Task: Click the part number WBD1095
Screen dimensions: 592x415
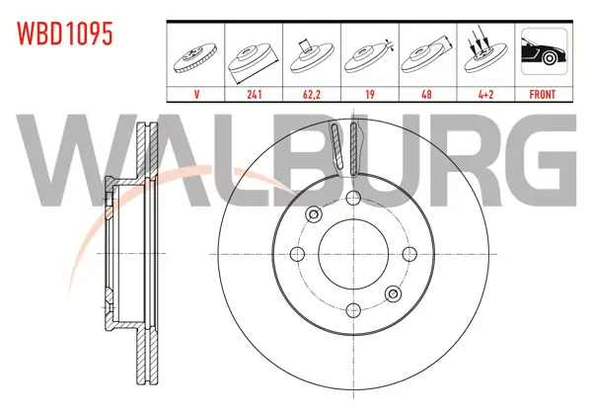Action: coord(64,34)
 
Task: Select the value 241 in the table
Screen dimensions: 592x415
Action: coord(255,94)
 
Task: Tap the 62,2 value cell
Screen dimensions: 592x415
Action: coord(312,94)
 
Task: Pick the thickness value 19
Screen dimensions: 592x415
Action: coord(370,94)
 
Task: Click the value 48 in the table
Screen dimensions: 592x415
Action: coord(426,94)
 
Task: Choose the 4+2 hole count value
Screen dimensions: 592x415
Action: coord(485,94)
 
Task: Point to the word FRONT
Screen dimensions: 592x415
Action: coord(542,94)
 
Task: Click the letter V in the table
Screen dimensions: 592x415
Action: coord(196,94)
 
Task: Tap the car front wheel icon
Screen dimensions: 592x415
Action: coord(544,51)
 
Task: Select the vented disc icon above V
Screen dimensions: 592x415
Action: coord(195,57)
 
